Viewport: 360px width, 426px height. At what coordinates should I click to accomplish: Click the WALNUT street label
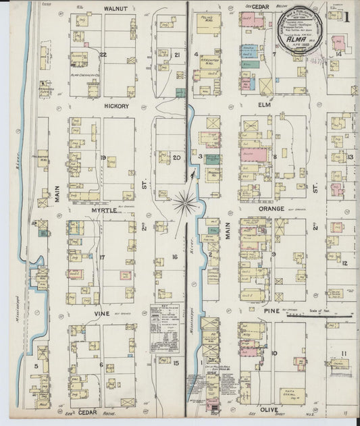coord(116,9)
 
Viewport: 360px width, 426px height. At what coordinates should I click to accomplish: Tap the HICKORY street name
coord(116,106)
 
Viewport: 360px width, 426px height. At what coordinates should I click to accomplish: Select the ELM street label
coord(264,105)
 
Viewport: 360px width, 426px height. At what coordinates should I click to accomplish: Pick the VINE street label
coord(102,313)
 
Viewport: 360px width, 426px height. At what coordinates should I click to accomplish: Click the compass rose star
coord(184,201)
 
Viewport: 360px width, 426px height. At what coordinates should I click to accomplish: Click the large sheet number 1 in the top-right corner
coord(346,17)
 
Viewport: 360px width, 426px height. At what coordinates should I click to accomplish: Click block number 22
coord(103,55)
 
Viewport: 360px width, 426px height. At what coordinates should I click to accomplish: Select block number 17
coord(102,257)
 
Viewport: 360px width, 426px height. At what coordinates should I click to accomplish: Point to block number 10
coord(274,352)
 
